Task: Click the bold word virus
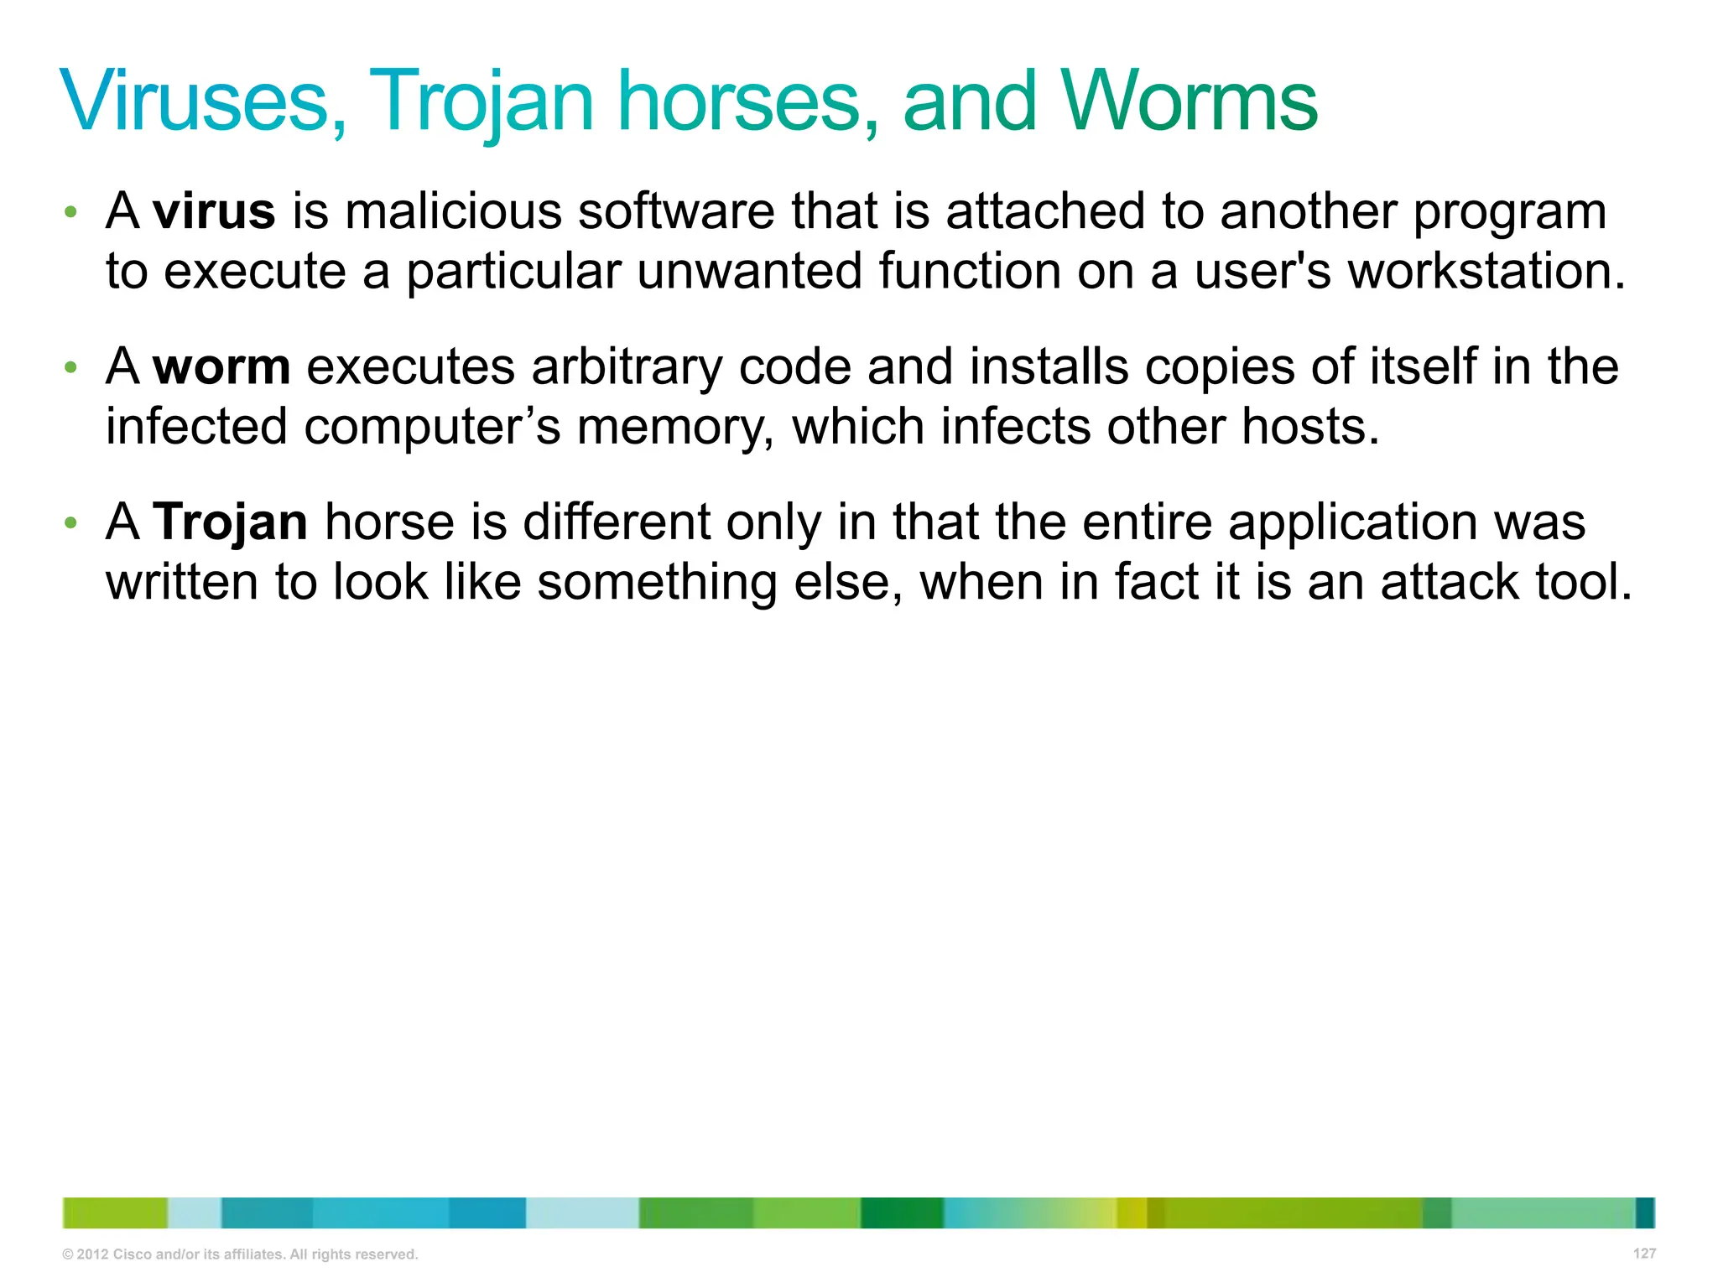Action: click(x=214, y=210)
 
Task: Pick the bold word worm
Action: click(x=221, y=366)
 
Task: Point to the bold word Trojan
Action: click(x=230, y=522)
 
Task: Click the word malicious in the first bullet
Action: click(x=453, y=210)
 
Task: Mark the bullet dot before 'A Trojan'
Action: click(x=71, y=523)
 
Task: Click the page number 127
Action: click(x=1644, y=1253)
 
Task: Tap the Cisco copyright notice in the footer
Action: click(x=240, y=1254)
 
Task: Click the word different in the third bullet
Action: click(x=617, y=522)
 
